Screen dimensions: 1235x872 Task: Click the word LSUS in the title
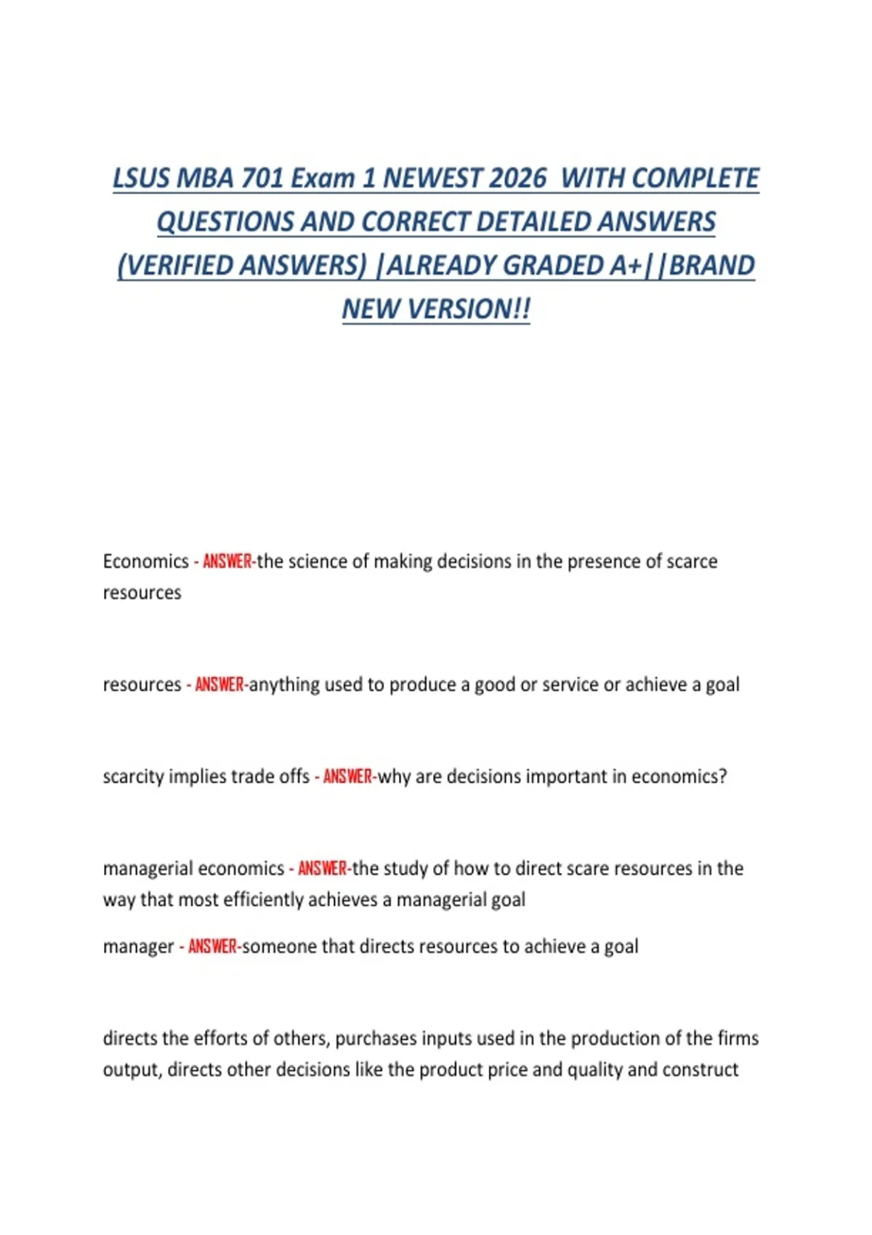(x=141, y=179)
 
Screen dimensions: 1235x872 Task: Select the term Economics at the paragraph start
(x=146, y=562)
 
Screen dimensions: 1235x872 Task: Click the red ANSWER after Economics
(x=227, y=562)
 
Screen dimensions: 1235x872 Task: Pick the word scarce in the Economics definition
(x=692, y=562)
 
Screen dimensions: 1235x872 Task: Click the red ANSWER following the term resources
(x=219, y=685)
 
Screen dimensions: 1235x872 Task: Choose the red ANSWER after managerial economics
(x=323, y=869)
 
